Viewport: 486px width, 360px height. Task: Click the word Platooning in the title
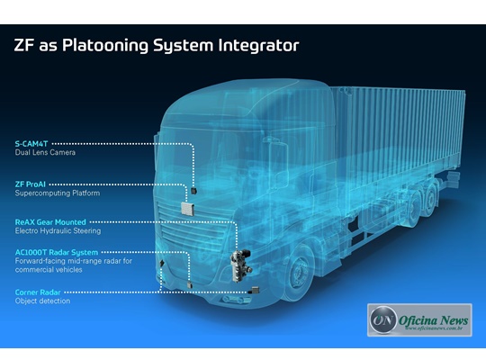(x=105, y=45)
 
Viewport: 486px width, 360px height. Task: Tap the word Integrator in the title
(x=258, y=45)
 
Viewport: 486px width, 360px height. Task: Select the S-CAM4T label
(x=31, y=144)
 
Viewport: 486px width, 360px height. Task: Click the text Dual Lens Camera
(x=45, y=152)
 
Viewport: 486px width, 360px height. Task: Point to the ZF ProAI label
(x=31, y=184)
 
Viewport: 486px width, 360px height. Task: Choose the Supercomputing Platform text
(x=58, y=193)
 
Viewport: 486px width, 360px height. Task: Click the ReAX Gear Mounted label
(x=50, y=222)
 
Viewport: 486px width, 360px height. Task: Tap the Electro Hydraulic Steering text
(x=58, y=230)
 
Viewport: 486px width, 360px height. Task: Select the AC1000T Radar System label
(x=57, y=252)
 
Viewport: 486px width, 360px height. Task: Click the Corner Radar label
(x=38, y=292)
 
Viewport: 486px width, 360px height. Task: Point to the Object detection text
(x=42, y=301)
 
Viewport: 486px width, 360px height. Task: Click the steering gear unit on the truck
(x=240, y=265)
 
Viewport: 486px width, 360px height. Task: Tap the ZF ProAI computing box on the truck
(x=187, y=209)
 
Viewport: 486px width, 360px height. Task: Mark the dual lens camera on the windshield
(x=194, y=191)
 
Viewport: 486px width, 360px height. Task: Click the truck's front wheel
(x=299, y=274)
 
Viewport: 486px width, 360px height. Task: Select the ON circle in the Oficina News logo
(x=383, y=319)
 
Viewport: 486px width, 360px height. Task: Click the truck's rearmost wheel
(x=432, y=199)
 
